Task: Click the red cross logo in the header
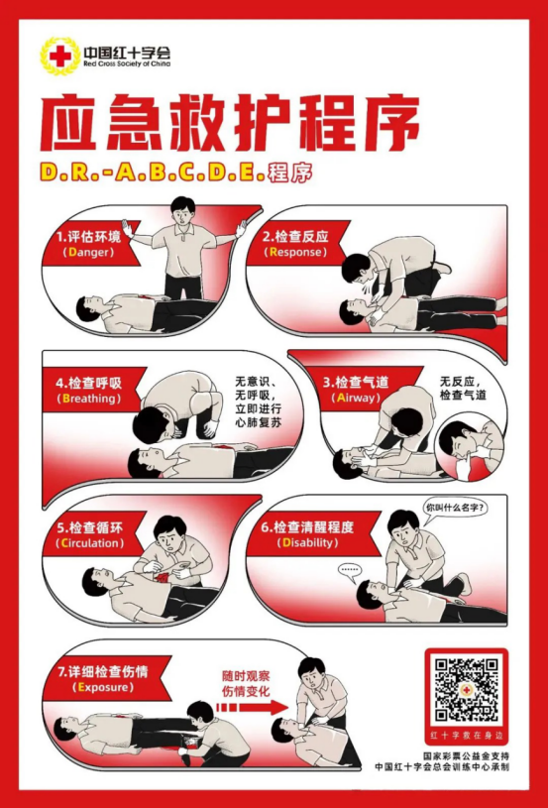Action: tap(60, 56)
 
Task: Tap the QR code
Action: tap(466, 689)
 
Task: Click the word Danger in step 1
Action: tap(87, 253)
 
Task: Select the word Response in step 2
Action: tap(295, 252)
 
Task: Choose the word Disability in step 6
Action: tap(307, 543)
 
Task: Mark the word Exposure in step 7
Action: tap(102, 687)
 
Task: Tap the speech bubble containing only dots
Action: tap(350, 571)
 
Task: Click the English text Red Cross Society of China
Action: tap(127, 63)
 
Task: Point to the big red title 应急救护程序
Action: tap(230, 122)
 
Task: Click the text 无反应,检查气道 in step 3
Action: tap(462, 389)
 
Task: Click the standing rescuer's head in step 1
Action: tap(183, 211)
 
